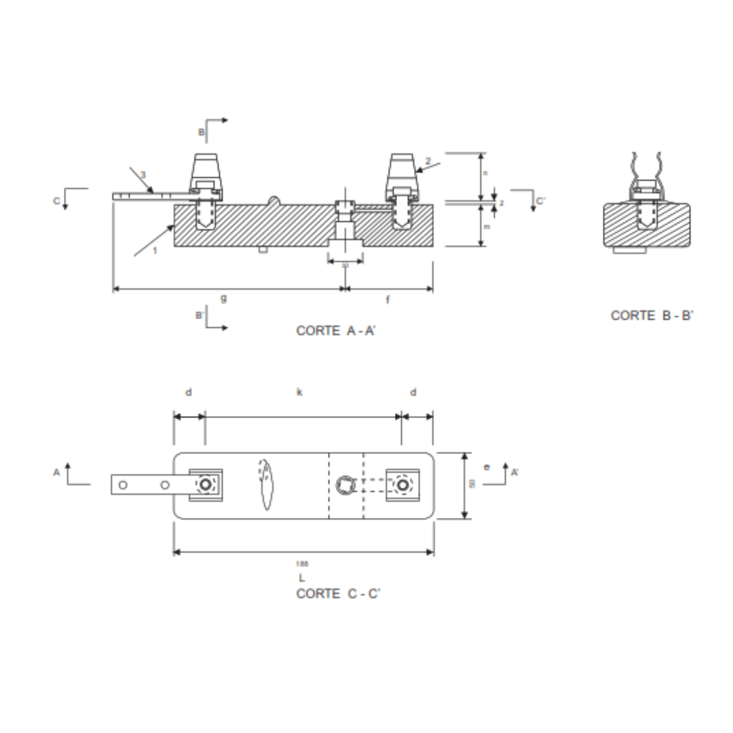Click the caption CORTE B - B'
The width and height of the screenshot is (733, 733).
pyautogui.click(x=652, y=316)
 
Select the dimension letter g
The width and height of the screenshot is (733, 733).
pyautogui.click(x=223, y=298)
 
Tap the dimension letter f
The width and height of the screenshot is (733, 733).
pyautogui.click(x=388, y=299)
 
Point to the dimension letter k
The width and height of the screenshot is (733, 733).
pyautogui.click(x=299, y=392)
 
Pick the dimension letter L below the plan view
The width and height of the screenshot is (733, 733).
pyautogui.click(x=301, y=578)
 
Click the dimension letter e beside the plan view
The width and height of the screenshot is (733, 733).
pyautogui.click(x=486, y=467)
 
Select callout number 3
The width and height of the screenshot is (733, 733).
pyautogui.click(x=143, y=175)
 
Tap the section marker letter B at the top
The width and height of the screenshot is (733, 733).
pyautogui.click(x=201, y=132)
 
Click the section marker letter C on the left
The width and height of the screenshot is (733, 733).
pyautogui.click(x=58, y=200)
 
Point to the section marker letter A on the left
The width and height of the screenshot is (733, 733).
pyautogui.click(x=57, y=472)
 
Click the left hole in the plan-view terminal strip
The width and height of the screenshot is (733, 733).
pyautogui.click(x=123, y=485)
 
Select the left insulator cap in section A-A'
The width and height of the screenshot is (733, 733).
pyautogui.click(x=206, y=170)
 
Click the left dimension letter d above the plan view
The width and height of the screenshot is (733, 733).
pyautogui.click(x=189, y=392)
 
